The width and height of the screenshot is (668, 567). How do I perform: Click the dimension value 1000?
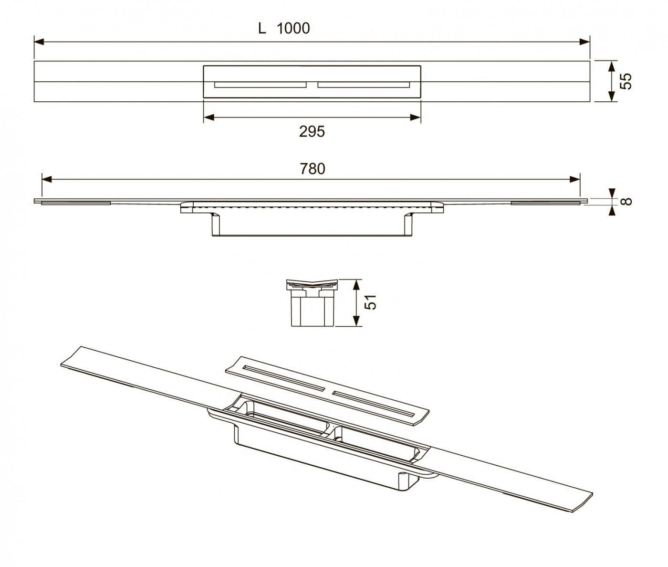(293, 29)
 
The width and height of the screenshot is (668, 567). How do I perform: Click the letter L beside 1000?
(262, 29)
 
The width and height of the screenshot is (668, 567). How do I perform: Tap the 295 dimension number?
(312, 132)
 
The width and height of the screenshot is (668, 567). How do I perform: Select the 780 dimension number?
(313, 169)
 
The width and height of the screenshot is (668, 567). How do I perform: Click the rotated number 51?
(370, 302)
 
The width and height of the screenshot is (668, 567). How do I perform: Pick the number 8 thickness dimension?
(626, 201)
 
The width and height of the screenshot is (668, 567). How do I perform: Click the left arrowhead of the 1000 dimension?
(39, 42)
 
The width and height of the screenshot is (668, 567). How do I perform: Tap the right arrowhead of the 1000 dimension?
(584, 42)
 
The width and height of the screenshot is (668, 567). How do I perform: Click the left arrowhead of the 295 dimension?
(209, 117)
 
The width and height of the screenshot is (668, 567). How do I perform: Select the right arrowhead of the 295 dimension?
(416, 117)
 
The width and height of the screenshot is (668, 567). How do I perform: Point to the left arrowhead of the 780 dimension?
(47, 179)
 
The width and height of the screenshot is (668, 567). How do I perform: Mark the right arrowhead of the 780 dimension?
(575, 179)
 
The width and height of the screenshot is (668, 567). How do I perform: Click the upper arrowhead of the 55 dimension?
(611, 66)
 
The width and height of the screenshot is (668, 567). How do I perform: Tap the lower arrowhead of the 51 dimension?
(356, 321)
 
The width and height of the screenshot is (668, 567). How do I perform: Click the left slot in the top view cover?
(260, 85)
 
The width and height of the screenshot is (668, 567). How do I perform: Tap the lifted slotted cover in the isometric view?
(326, 391)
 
